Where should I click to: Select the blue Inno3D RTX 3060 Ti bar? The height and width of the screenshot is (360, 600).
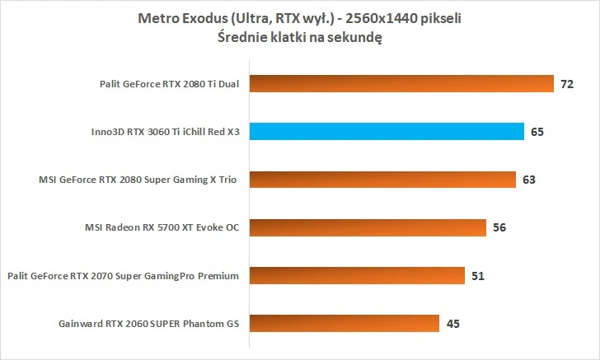[387, 131]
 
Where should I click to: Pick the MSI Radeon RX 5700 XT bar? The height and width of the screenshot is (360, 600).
[367, 227]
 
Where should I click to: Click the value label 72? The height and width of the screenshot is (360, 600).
[566, 84]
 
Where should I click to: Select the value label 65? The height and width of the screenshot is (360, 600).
[537, 132]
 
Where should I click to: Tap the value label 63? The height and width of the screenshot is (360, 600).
[528, 180]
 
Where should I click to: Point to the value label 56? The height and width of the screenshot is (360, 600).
[499, 227]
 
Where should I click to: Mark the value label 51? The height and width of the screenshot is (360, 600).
[478, 275]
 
